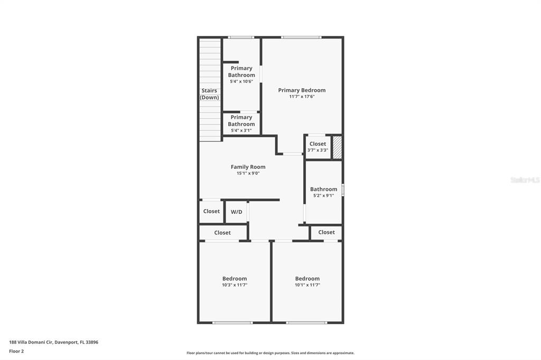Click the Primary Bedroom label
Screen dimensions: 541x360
coord(302,90)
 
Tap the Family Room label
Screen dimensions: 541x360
coord(248,167)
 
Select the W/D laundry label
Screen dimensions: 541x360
coord(236,212)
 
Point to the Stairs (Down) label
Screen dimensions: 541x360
coord(209,94)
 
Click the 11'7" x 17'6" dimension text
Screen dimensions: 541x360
coord(302,97)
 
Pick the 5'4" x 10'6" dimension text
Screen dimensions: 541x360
coord(241,82)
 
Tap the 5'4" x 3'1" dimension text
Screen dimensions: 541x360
coord(241,131)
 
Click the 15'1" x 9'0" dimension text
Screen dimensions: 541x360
coord(248,174)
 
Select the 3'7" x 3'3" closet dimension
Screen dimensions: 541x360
coord(318,150)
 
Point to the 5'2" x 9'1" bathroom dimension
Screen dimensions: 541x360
coord(324,195)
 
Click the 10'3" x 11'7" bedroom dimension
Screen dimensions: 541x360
coord(235,285)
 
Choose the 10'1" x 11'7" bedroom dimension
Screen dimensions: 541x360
coord(307,285)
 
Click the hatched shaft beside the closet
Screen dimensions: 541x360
coord(337,148)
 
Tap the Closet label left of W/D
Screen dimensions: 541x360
coord(211,211)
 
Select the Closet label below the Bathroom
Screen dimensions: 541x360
coord(327,232)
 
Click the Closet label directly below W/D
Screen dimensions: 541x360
coord(222,233)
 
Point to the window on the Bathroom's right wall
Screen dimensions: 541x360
coord(342,190)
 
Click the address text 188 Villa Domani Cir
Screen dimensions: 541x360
coord(31,343)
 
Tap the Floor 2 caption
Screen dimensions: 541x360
coord(16,352)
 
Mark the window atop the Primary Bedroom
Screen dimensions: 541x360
coord(301,37)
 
